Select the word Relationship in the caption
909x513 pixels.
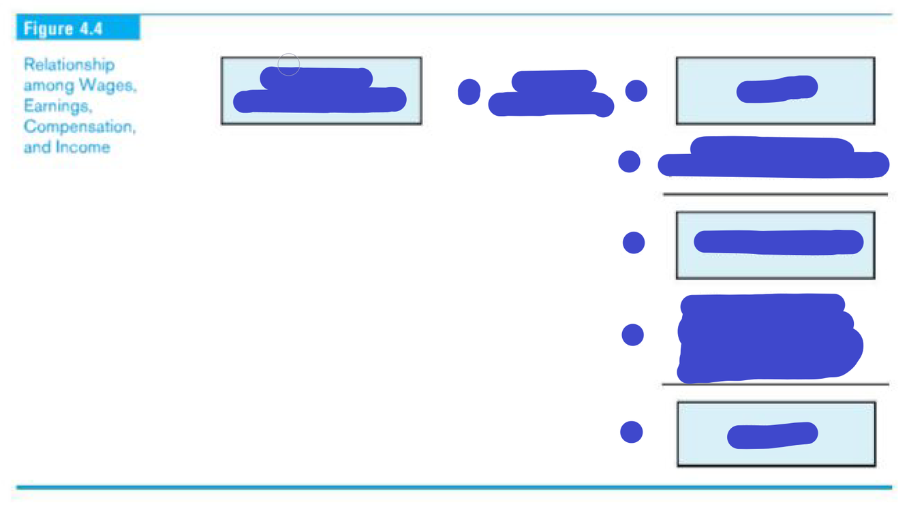click(69, 65)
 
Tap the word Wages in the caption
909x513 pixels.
click(107, 85)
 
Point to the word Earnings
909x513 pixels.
click(57, 106)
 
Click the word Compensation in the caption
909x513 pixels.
click(79, 126)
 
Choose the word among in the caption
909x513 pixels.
click(48, 85)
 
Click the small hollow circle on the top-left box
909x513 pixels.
click(289, 65)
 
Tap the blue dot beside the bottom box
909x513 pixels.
click(632, 432)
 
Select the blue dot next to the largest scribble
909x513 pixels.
click(633, 335)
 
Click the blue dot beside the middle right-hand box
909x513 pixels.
click(634, 243)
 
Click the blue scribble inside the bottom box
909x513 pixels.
click(773, 435)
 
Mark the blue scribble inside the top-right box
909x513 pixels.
click(777, 89)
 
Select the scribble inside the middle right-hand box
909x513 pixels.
click(778, 242)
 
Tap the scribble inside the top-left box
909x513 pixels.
click(320, 92)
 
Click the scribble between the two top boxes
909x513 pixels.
click(552, 94)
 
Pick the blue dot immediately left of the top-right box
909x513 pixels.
click(636, 91)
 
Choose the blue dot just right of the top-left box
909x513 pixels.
click(469, 91)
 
